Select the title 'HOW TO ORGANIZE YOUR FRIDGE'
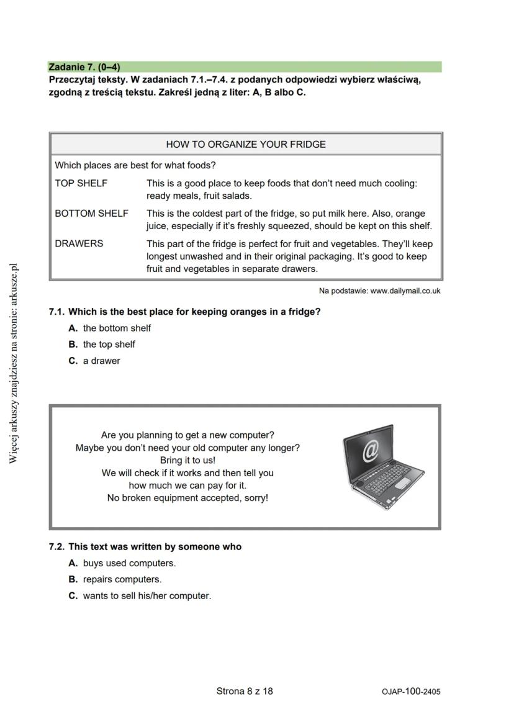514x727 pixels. (x=245, y=144)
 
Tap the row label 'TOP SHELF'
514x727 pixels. (x=81, y=183)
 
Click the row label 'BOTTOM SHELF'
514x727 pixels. (x=91, y=213)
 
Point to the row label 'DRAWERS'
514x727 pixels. (x=79, y=243)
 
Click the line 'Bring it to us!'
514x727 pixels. (x=187, y=460)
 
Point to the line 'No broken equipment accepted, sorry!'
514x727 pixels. (x=187, y=498)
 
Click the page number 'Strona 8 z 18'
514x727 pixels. (x=245, y=690)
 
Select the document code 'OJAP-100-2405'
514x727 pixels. (x=411, y=691)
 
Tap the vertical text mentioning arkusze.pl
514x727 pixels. (x=14, y=363)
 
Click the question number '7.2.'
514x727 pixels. (x=57, y=547)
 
